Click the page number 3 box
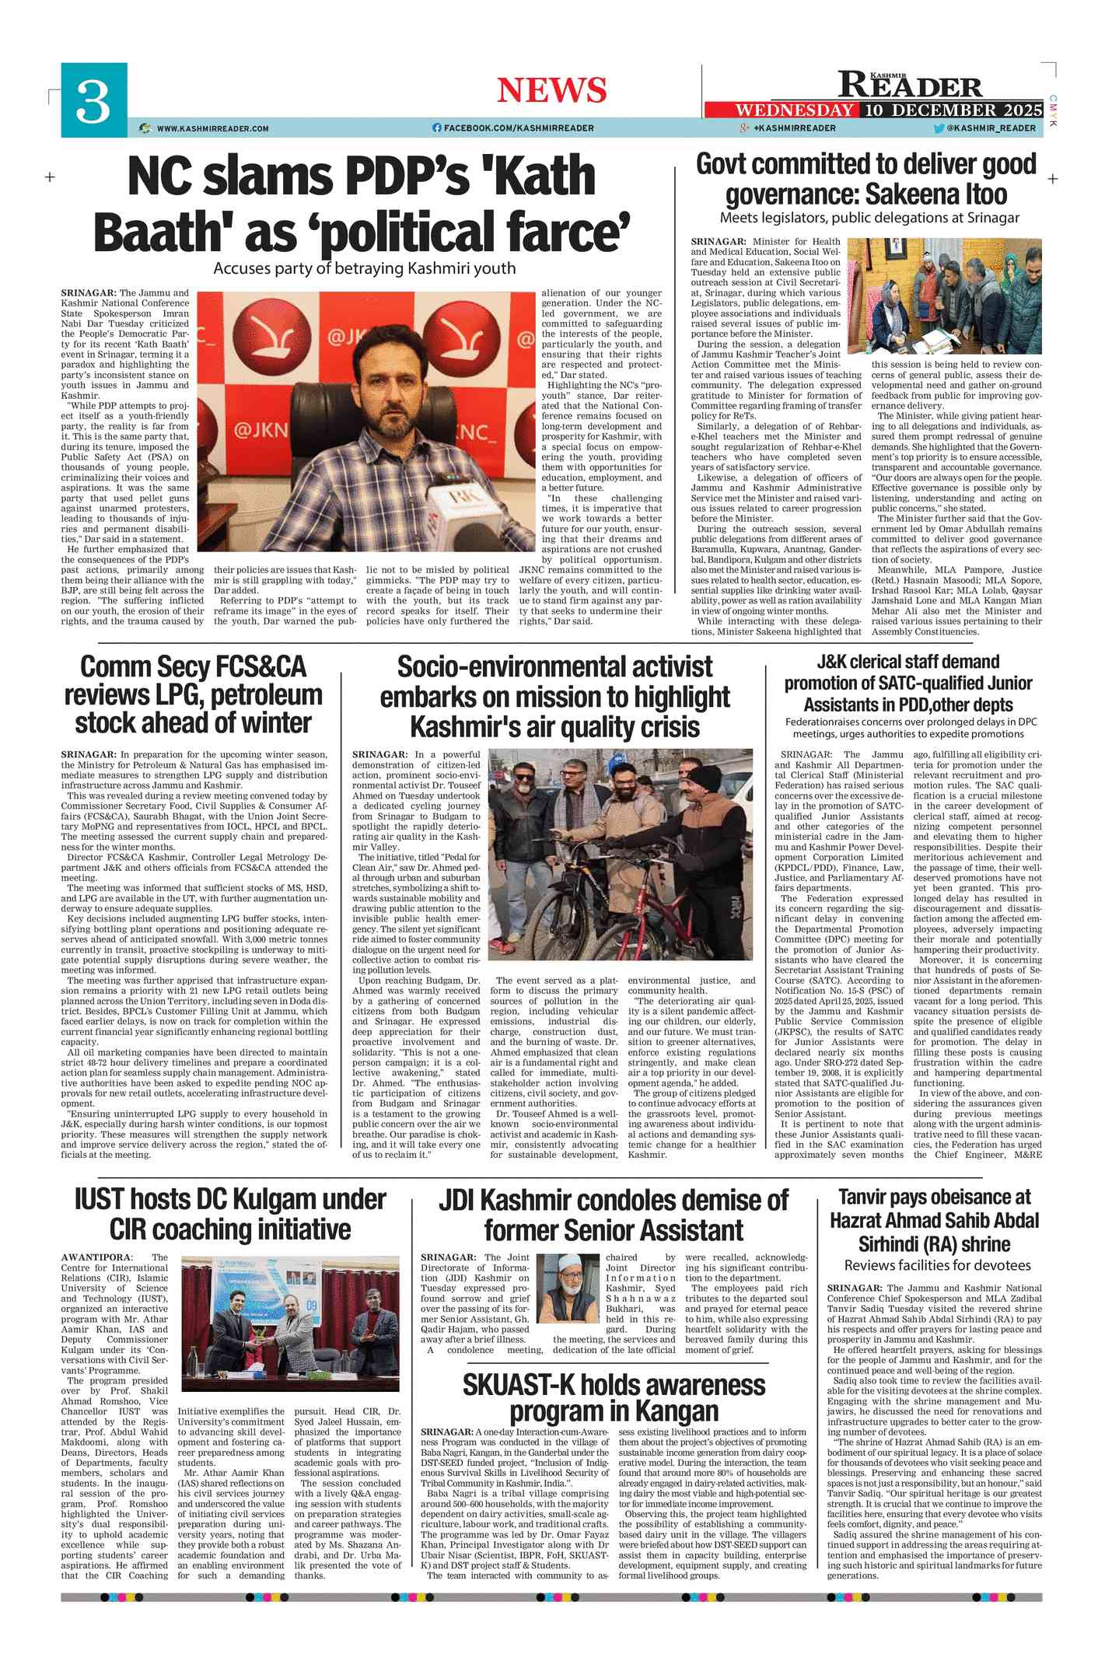[x=94, y=100]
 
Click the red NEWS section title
[x=551, y=90]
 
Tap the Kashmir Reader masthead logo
[x=911, y=83]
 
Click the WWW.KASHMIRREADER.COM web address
[x=212, y=128]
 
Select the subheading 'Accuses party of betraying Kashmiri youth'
[x=364, y=268]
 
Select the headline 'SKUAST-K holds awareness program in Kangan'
[x=614, y=1397]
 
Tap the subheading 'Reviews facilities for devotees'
[x=937, y=1265]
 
